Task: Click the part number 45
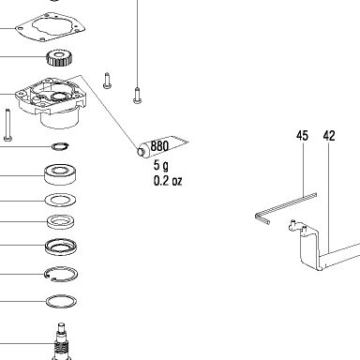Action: (302, 136)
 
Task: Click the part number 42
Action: (329, 136)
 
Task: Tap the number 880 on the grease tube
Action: (159, 146)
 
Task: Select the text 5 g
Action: (161, 165)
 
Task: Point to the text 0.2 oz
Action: (168, 181)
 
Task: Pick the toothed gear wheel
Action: (60, 58)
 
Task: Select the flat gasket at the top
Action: (50, 26)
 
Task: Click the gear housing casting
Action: (52, 101)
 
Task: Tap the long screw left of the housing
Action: (7, 124)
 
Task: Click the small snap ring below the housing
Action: (60, 146)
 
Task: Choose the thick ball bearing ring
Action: (60, 174)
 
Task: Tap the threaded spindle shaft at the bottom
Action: (62, 342)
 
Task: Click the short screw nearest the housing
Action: (107, 81)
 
